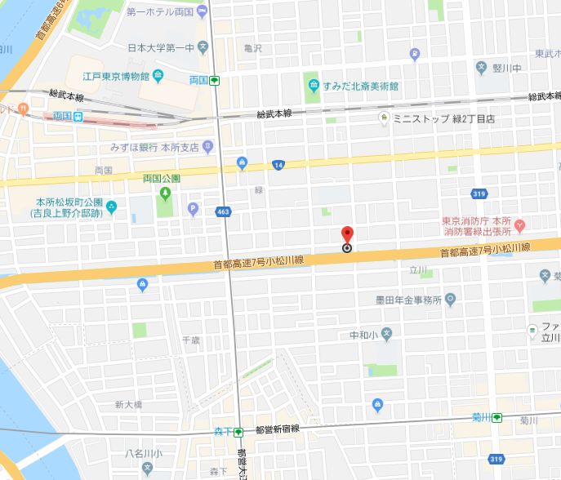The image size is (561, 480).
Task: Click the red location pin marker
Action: tap(346, 236)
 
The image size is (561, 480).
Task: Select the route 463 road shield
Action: tap(222, 211)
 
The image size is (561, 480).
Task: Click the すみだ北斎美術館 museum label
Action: tap(359, 86)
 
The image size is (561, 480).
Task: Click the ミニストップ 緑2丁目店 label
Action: tap(444, 118)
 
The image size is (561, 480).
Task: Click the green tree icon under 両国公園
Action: tap(165, 194)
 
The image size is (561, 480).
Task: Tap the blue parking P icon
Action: tap(194, 208)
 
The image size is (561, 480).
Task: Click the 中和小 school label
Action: tap(363, 334)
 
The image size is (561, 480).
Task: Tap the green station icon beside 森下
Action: tap(238, 432)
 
